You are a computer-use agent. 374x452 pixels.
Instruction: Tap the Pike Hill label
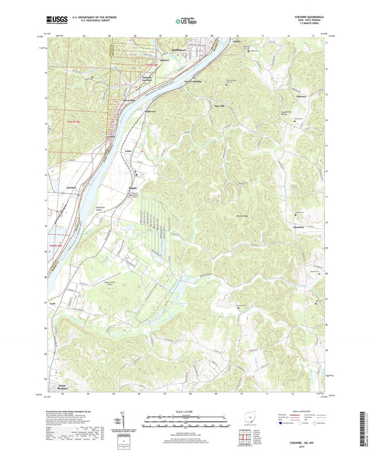(218, 106)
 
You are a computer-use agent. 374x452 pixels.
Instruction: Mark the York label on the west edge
(52, 303)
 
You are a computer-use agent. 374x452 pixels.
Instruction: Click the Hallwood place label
(149, 110)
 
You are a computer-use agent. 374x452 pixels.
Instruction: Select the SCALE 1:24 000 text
(185, 411)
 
